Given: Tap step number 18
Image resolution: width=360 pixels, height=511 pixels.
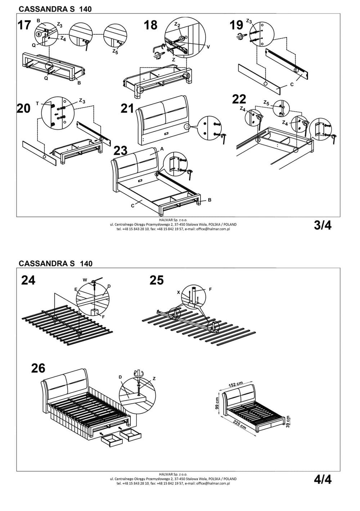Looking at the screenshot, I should (x=151, y=25).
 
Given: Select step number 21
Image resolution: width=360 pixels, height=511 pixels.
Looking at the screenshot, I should (x=127, y=108).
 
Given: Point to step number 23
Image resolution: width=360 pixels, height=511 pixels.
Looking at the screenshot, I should (x=121, y=150).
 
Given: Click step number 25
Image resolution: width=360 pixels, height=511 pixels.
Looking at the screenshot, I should (x=157, y=280).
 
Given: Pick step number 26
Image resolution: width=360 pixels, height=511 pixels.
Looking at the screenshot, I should (x=38, y=368).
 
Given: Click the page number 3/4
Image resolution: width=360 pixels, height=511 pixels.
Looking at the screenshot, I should (x=323, y=225).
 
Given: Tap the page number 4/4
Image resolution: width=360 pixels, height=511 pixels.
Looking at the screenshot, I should (x=323, y=479).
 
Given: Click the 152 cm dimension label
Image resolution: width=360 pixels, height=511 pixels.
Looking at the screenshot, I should (x=236, y=385).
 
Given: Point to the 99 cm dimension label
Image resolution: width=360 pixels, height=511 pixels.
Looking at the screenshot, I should (x=217, y=404).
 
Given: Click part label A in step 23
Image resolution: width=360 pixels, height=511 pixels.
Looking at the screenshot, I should (x=162, y=148).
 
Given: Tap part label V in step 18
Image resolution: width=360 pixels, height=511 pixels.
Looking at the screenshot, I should (x=208, y=47).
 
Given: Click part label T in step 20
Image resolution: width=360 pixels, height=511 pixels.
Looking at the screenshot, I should (x=37, y=103).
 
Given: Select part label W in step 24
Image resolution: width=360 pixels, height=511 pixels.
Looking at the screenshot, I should (x=85, y=280).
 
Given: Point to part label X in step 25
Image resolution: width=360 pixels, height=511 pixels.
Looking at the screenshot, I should (x=179, y=293).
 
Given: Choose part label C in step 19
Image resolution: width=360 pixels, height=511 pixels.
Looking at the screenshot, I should (x=292, y=84).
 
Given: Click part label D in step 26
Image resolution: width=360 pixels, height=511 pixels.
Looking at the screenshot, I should (x=120, y=377).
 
